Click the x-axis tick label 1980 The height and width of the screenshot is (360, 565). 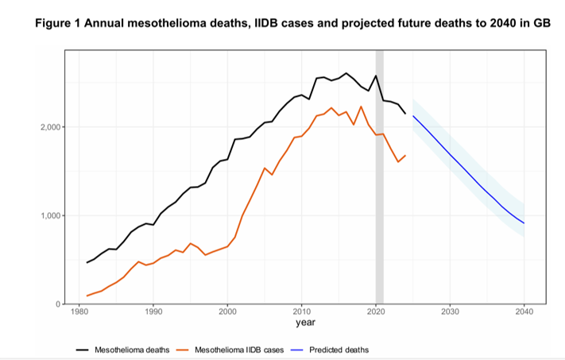tap(79, 312)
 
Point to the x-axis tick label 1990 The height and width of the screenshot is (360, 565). tap(153, 312)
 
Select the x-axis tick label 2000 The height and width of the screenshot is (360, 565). tap(227, 312)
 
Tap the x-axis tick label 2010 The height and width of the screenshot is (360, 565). tap(302, 312)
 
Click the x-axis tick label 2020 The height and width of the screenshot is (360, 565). tap(376, 312)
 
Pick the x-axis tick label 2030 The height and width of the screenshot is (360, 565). tap(450, 312)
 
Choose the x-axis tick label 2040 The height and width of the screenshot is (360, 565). tap(524, 312)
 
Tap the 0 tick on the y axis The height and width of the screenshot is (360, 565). tap(58, 304)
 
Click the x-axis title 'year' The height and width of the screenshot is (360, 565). tap(306, 322)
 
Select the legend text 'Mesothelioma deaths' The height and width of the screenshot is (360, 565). tap(132, 350)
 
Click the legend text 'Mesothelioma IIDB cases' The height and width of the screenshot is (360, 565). tap(239, 350)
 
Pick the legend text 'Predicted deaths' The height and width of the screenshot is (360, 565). tap(339, 350)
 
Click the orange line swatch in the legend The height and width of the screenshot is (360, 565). tap(182, 350)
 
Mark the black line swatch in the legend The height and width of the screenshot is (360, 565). tap(82, 350)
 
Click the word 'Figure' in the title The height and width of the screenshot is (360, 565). tap(58, 23)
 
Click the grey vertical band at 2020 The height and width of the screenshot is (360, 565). tap(379, 177)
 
